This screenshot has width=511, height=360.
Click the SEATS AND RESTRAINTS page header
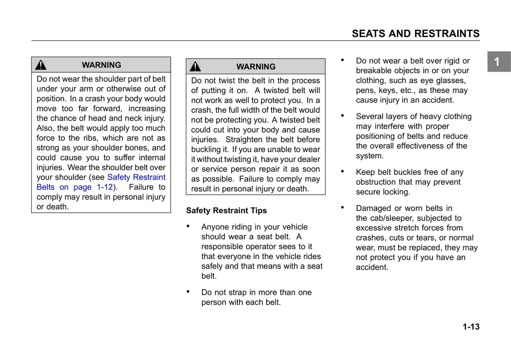[416, 34]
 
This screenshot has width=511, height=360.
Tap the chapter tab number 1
[497, 62]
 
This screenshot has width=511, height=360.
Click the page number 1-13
[471, 327]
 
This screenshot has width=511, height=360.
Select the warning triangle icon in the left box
[41, 65]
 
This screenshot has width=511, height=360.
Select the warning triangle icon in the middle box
[195, 66]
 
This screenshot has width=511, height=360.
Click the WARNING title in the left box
[101, 65]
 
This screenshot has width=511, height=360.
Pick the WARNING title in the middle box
[256, 67]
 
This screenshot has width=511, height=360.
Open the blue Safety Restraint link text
[136, 177]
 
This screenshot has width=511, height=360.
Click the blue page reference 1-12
[105, 187]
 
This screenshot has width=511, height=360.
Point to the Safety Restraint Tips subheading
[226, 211]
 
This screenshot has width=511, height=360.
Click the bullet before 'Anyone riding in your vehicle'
[188, 226]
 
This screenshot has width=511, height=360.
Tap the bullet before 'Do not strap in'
[188, 291]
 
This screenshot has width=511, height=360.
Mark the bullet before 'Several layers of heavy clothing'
[342, 116]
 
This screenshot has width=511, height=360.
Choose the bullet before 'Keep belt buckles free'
[342, 171]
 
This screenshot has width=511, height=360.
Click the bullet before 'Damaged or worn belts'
[342, 207]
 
